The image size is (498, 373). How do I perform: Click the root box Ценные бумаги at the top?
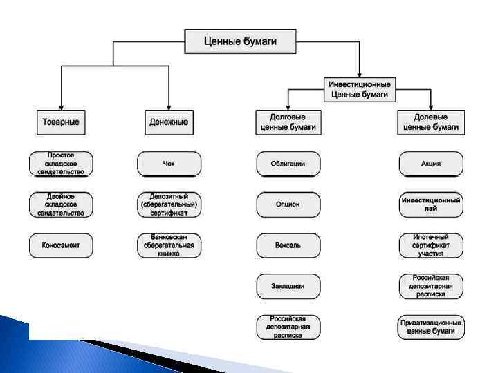[x=240, y=41]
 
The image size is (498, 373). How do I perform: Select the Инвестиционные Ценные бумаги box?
[x=360, y=88]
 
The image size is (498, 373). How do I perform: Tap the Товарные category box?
[x=62, y=122]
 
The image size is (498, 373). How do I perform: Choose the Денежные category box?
[x=169, y=122]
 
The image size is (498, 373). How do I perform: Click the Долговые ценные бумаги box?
[x=288, y=122]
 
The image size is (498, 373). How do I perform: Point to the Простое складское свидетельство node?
[x=61, y=164]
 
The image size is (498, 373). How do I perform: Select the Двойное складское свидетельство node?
[x=61, y=204]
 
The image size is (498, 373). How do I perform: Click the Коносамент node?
[x=61, y=245]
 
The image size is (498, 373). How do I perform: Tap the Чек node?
[x=169, y=164]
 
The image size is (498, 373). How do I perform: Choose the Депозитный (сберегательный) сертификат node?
[x=169, y=204]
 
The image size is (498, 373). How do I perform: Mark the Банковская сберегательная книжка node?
[x=169, y=245]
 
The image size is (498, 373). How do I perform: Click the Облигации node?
[x=288, y=164]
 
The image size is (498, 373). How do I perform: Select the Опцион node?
[x=288, y=204]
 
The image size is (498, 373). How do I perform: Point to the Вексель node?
[x=288, y=245]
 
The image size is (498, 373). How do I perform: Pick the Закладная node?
[x=288, y=285]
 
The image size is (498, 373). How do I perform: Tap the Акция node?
[x=431, y=164]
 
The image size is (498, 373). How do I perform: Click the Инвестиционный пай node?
[x=431, y=204]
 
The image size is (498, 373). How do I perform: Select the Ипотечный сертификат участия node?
[x=431, y=245]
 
